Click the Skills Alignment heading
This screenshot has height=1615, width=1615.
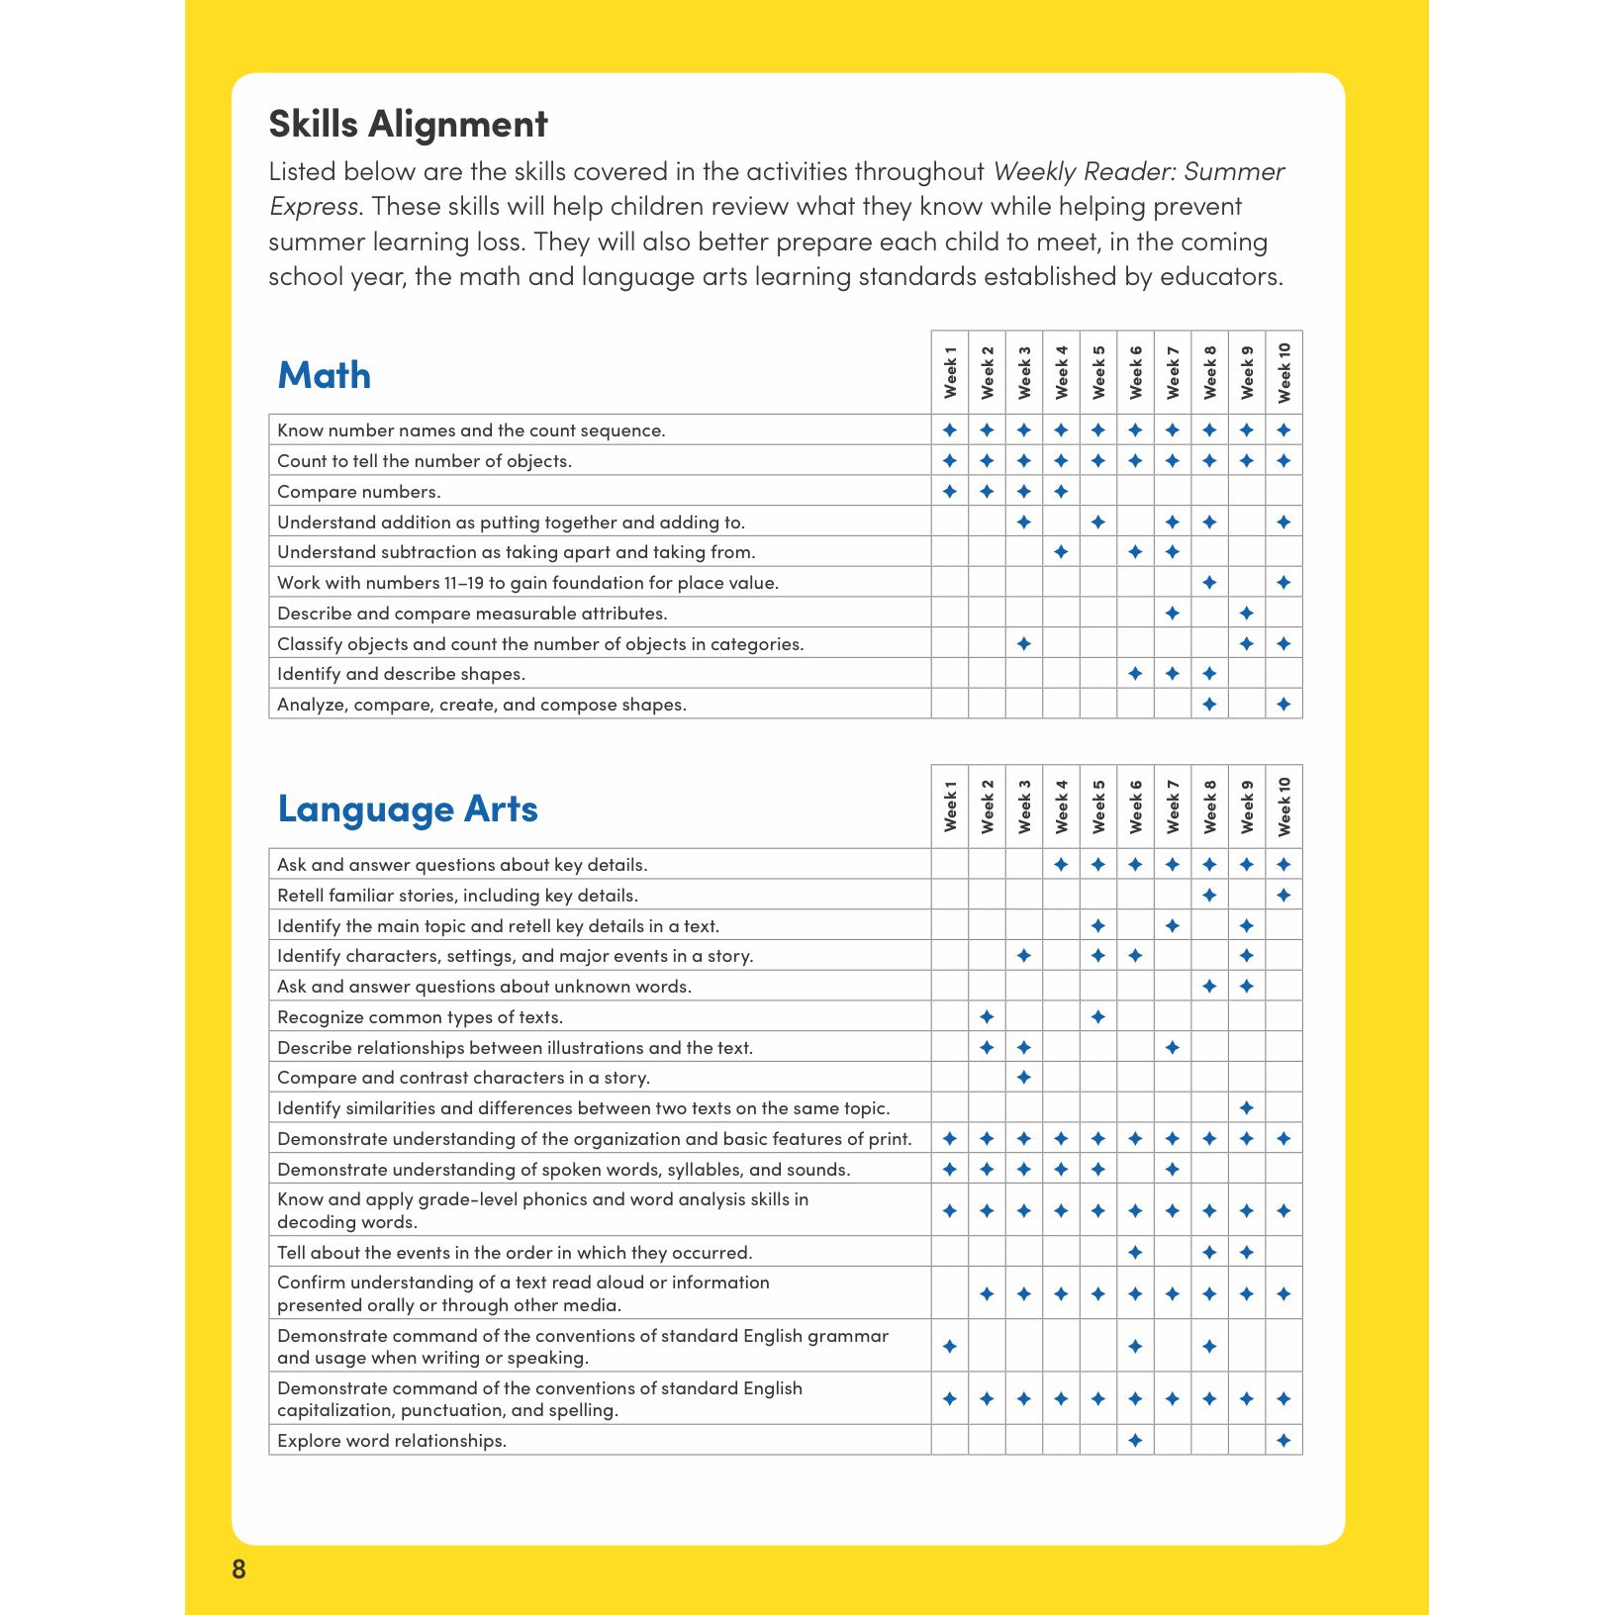point(408,125)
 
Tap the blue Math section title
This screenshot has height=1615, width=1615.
point(325,376)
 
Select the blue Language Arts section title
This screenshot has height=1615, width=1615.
point(408,809)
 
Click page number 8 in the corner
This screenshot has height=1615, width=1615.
point(238,1568)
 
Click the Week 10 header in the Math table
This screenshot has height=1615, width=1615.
point(1284,372)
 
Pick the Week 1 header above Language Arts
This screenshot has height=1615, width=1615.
point(950,806)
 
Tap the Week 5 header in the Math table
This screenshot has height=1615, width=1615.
point(1098,372)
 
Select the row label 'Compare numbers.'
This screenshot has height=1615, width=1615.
point(359,492)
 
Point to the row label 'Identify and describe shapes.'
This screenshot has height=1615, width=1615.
point(401,674)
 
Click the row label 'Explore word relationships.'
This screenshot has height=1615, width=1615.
point(392,1441)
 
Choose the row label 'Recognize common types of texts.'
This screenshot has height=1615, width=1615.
point(420,1017)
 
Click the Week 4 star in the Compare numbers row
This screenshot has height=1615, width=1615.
point(1061,491)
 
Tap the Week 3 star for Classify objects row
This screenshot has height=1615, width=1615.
point(1024,643)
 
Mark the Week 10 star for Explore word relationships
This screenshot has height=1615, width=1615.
point(1283,1440)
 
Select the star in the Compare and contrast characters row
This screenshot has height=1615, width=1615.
point(1024,1077)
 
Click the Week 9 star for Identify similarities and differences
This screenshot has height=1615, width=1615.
point(1247,1107)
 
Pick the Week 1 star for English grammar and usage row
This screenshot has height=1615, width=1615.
point(950,1346)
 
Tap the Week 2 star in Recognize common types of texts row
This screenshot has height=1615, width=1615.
point(987,1016)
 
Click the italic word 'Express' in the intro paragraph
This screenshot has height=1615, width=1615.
point(314,207)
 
